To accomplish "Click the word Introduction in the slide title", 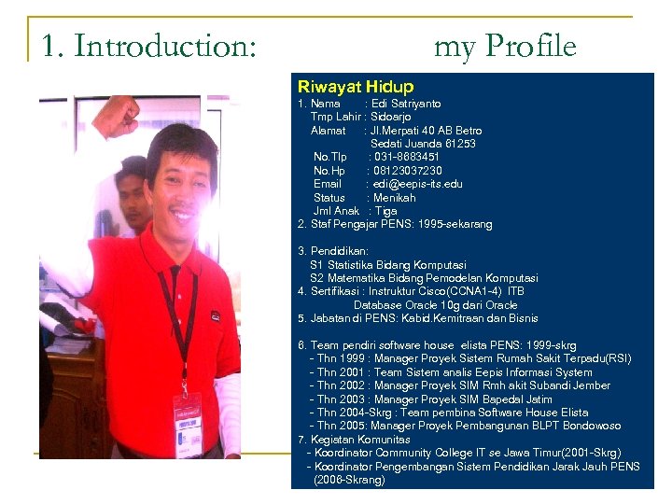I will click(164, 46).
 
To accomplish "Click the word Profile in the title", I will click(529, 46).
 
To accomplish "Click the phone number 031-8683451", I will click(406, 158).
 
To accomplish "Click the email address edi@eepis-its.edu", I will click(416, 184).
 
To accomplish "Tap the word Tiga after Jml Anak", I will click(385, 211).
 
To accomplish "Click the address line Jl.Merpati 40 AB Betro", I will click(426, 131).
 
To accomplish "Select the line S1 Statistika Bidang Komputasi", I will click(388, 265).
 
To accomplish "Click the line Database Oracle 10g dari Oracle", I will click(435, 305).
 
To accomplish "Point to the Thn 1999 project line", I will click(473, 358).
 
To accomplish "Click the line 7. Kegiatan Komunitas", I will click(354, 439).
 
